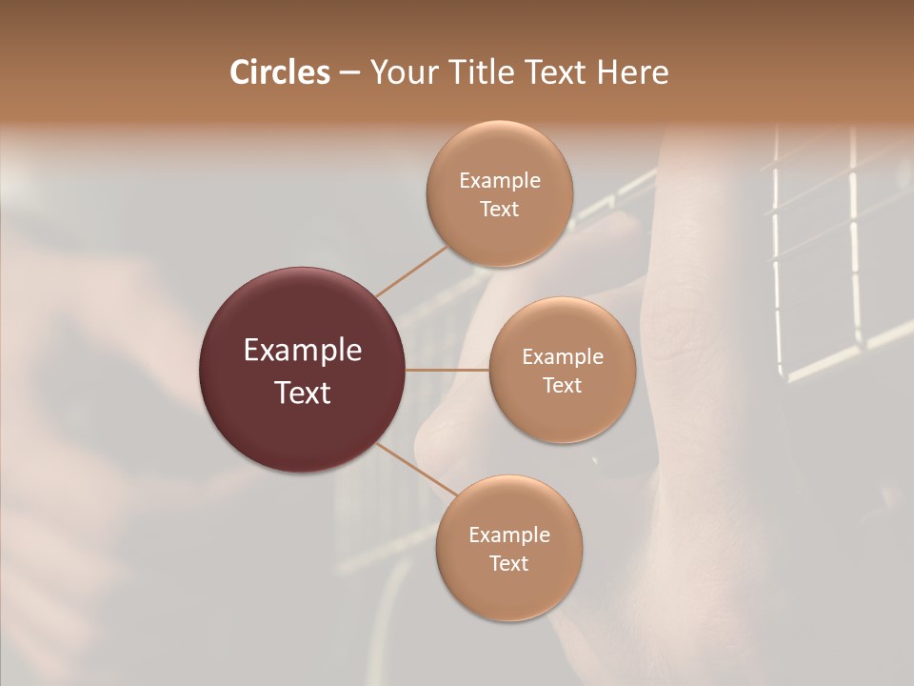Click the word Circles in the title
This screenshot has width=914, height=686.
279,72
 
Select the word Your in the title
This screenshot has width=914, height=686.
400,72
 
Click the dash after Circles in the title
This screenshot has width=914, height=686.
348,73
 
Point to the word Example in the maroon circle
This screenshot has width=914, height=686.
303,351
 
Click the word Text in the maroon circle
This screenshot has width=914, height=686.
303,393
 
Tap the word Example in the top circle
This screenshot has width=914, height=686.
500,181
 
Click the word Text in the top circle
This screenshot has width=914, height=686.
500,210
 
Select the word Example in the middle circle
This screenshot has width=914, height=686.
563,357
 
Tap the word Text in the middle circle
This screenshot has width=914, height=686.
563,386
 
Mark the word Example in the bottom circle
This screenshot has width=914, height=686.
509,535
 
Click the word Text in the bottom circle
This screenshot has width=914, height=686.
509,564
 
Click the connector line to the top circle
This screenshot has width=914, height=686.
411,271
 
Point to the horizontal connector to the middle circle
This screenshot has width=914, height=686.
447,370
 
